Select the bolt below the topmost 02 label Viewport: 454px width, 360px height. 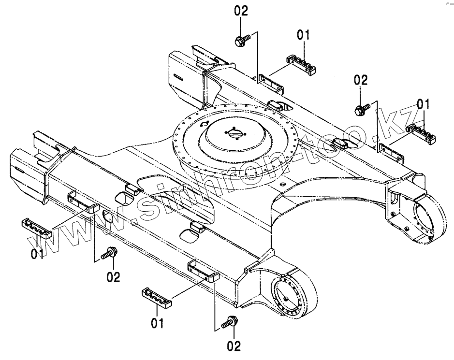point(242,40)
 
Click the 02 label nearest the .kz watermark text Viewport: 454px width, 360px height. point(361,80)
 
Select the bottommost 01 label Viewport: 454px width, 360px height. point(157,323)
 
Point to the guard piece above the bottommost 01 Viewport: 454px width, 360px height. point(157,297)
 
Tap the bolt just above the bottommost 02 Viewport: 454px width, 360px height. point(229,323)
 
